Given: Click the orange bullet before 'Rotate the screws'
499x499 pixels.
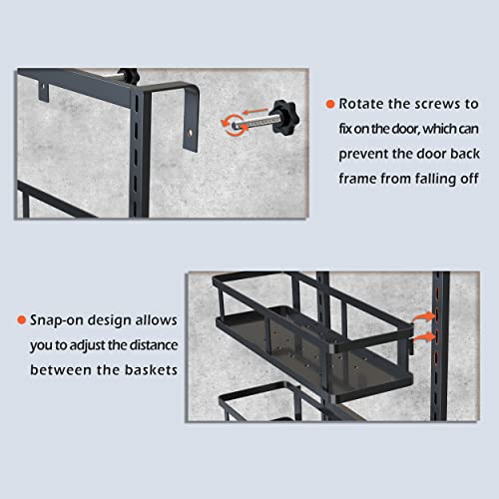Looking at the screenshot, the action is click(x=330, y=104).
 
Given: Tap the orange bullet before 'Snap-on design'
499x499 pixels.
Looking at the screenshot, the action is click(x=21, y=320).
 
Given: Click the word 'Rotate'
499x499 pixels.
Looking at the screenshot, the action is click(x=361, y=104).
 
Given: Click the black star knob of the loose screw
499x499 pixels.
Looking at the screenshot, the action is click(x=284, y=117).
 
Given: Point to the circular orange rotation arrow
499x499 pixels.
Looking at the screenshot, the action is click(x=235, y=125).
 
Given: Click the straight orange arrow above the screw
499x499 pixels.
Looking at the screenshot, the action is click(x=255, y=111).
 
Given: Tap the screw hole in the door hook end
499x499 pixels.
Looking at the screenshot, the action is click(x=191, y=132).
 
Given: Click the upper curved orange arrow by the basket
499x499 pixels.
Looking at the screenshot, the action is click(x=424, y=316).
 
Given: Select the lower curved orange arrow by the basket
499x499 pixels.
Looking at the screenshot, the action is click(x=424, y=336).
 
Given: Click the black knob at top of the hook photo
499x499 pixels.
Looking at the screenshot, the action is click(x=129, y=75).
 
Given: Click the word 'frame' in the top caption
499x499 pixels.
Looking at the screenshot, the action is click(x=357, y=179).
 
